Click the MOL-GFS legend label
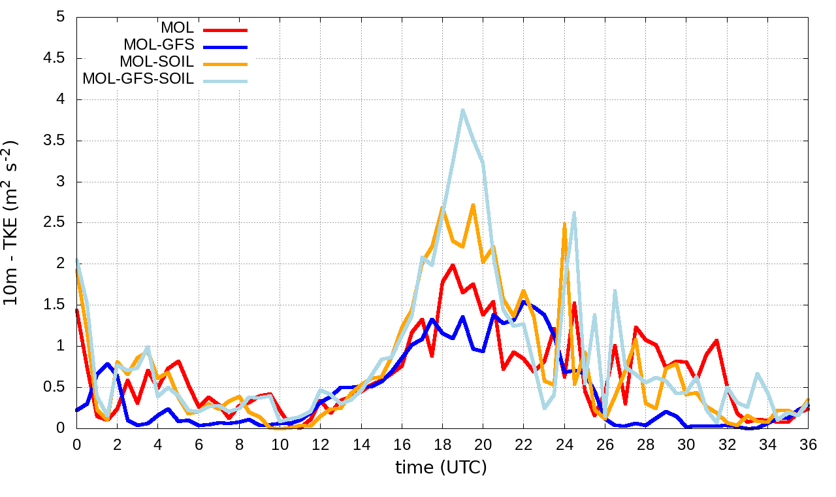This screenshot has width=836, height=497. pyautogui.click(x=159, y=46)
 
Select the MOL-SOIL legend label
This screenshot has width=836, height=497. pyautogui.click(x=157, y=63)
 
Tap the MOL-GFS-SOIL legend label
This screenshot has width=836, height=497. pyautogui.click(x=138, y=80)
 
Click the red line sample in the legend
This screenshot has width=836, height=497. pyautogui.click(x=225, y=29)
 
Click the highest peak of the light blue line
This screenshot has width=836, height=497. pyautogui.click(x=462, y=110)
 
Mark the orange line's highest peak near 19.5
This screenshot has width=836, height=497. pyautogui.click(x=473, y=205)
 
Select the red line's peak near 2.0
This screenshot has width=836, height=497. pyautogui.click(x=453, y=265)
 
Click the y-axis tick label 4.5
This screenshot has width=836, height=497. pyautogui.click(x=53, y=58)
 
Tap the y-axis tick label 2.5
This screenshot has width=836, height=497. pyautogui.click(x=53, y=223)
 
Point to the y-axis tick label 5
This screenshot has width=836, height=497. pyautogui.click(x=61, y=17)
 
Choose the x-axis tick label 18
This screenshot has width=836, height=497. pyautogui.click(x=442, y=445)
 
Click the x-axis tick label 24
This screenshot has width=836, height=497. pyautogui.click(x=564, y=445)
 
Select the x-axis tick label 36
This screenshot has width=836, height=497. pyautogui.click(x=808, y=445)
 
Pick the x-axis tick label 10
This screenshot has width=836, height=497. pyautogui.click(x=280, y=445)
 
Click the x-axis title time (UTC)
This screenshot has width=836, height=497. pyautogui.click(x=442, y=468)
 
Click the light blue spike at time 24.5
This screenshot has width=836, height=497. pyautogui.click(x=574, y=213)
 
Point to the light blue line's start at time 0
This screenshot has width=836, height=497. pyautogui.click(x=77, y=259)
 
